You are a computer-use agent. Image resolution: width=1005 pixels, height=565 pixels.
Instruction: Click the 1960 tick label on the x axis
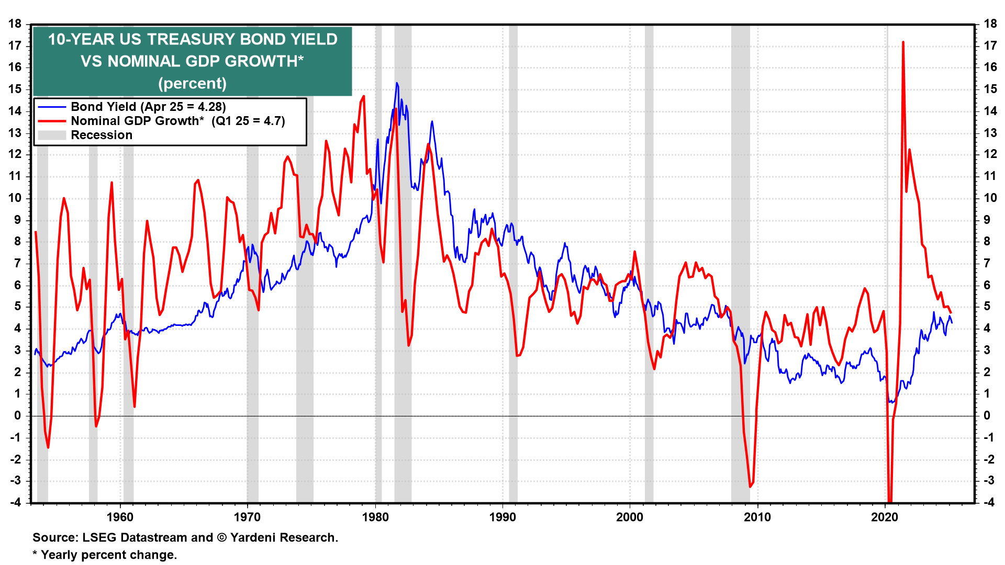point(120,517)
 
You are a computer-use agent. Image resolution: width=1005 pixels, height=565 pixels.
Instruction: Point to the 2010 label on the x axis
point(757,517)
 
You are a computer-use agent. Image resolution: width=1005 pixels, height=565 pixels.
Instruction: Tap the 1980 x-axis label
point(375,517)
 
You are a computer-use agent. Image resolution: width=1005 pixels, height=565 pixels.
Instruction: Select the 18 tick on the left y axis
point(15,24)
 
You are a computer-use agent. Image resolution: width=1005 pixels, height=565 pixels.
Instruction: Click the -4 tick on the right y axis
point(989,502)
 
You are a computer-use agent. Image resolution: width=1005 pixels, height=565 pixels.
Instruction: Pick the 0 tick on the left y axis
point(18,415)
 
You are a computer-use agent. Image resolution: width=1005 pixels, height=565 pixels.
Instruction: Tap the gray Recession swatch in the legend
point(52,135)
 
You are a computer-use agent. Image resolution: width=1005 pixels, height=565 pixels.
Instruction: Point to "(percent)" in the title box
point(192,83)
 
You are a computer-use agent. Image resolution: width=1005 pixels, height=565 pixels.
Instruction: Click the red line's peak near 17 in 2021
point(903,42)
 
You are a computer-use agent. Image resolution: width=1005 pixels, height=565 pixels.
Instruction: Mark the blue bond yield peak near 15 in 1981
point(396,83)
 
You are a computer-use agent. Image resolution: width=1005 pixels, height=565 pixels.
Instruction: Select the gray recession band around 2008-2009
point(740,262)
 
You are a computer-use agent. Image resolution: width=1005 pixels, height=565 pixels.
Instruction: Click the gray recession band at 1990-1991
point(513,262)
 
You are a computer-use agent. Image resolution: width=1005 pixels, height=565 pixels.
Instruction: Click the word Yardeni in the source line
point(256,537)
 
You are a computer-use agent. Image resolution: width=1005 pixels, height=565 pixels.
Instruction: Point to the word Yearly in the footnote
point(59,555)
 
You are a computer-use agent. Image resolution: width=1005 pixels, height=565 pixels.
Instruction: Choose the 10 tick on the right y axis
point(990,198)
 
